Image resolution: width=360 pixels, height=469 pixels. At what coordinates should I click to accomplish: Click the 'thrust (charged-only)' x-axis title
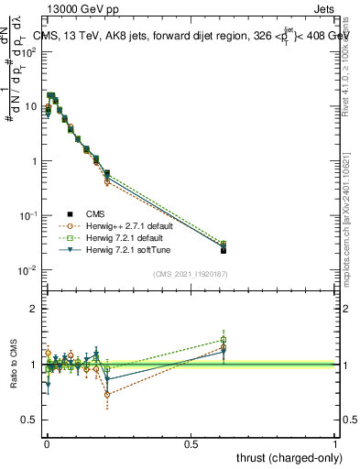tap(284, 458)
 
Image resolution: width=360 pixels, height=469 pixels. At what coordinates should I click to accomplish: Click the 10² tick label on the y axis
tap(29, 52)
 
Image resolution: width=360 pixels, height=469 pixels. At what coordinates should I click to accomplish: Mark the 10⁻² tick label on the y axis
tap(29, 270)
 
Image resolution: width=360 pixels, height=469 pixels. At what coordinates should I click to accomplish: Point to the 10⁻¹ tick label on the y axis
tap(29, 216)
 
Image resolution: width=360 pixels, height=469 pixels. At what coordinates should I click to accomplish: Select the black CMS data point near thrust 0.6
tap(224, 250)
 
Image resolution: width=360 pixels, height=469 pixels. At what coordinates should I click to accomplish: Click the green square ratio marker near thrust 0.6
tap(224, 340)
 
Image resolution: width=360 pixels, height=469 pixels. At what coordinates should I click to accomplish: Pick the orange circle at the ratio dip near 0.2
tap(107, 395)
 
